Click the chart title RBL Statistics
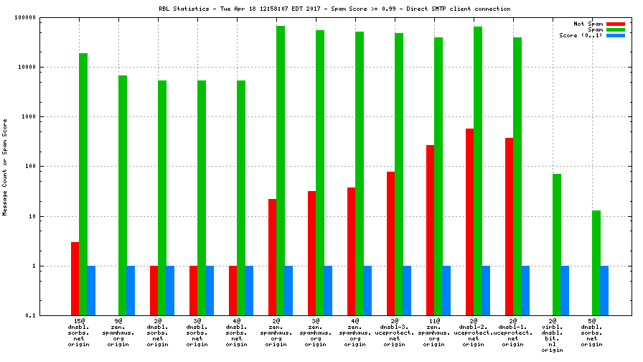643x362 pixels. [334, 9]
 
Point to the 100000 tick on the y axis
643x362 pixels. [26, 17]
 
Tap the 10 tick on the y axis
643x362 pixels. [32, 216]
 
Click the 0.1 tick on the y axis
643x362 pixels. [31, 315]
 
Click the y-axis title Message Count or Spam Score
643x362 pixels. [5, 167]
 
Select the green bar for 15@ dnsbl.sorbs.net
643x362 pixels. [83, 184]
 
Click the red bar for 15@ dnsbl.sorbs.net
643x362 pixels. [75, 279]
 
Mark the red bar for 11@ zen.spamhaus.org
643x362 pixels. [431, 230]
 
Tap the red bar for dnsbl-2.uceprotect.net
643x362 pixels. [470, 222]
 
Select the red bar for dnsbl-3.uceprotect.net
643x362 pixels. [391, 243]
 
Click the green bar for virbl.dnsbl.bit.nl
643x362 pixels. [557, 244]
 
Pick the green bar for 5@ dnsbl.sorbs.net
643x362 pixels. [596, 263]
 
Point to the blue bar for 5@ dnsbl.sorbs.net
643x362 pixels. [604, 290]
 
